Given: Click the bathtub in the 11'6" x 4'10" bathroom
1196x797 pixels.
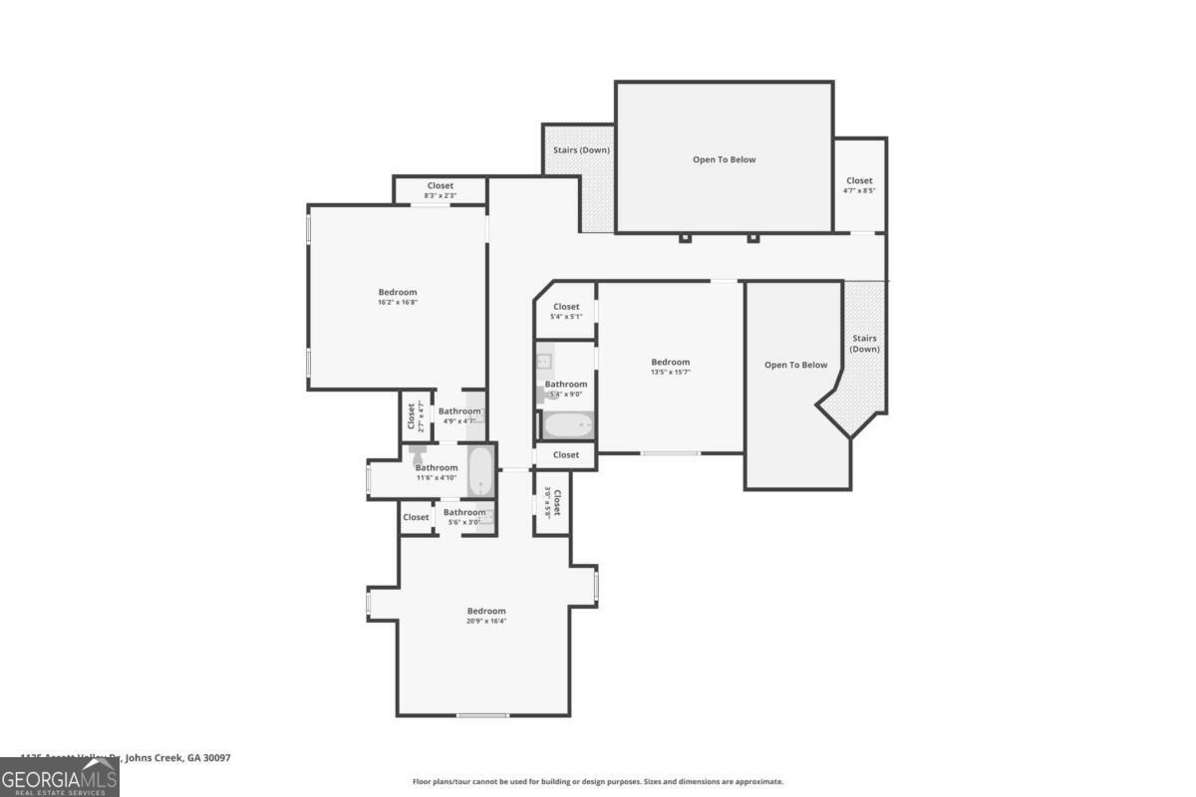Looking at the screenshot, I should point(480,470).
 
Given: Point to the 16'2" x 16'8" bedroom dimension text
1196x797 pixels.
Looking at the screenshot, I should point(397,302).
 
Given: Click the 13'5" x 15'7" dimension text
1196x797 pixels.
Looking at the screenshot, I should point(670,372).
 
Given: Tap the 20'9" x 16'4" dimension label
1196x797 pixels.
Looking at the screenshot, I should point(486,621).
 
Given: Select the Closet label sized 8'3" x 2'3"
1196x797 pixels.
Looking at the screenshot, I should point(440,185).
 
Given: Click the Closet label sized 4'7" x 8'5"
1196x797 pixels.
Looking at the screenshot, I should point(859,180).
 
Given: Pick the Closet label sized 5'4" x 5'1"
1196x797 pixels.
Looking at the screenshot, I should point(566,307).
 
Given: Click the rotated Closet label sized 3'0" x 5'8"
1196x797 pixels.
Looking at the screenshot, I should point(557,503).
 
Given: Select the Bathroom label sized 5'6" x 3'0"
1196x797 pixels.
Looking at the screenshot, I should point(464,512).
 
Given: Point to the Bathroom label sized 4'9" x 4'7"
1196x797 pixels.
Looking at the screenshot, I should point(459,410).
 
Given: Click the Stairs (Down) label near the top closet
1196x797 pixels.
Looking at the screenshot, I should point(581,150).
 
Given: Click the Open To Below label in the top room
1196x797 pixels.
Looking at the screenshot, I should point(724,159).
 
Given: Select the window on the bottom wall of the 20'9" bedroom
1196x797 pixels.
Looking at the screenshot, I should point(482,714).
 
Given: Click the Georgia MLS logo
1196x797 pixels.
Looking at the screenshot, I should point(59,777).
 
